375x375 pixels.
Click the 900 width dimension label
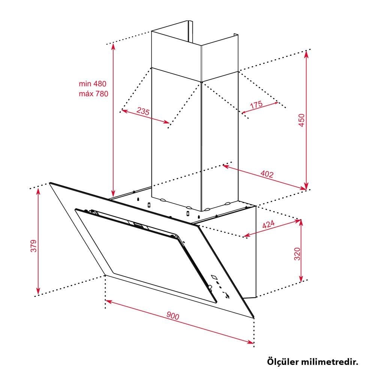[172, 316]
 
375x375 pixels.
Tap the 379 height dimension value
[34, 246]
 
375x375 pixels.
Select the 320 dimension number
[297, 254]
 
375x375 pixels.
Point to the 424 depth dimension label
[268, 224]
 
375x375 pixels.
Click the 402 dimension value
[267, 174]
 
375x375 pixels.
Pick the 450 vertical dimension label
[302, 120]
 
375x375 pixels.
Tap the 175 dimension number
[256, 105]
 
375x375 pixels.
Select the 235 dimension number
[143, 111]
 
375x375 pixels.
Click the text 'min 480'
[93, 84]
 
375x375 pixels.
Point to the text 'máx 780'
[93, 93]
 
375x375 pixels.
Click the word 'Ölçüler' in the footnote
[283, 361]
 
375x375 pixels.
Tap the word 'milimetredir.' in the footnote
[330, 361]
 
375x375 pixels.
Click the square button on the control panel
[214, 277]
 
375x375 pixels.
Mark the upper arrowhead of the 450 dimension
[306, 54]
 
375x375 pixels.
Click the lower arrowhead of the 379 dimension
[38, 291]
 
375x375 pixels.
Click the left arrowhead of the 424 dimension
[247, 235]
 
